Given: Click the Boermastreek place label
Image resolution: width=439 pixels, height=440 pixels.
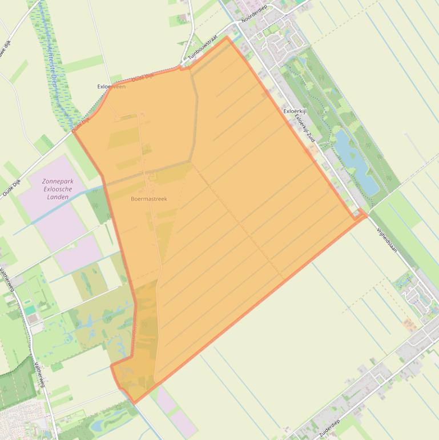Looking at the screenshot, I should tap(148, 199).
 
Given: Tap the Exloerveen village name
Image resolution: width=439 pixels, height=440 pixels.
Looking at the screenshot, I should tap(111, 87).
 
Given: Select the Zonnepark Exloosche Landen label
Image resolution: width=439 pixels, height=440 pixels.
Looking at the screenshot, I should tap(58, 189).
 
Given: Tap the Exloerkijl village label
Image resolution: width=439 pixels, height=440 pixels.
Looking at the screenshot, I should tap(295, 111).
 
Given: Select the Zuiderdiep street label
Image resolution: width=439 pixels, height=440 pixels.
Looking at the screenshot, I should tap(329, 428).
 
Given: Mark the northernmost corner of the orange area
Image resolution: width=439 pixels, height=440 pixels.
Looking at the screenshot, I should tap(227, 37).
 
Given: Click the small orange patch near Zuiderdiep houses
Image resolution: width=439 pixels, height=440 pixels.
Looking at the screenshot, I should tap(409, 324).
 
